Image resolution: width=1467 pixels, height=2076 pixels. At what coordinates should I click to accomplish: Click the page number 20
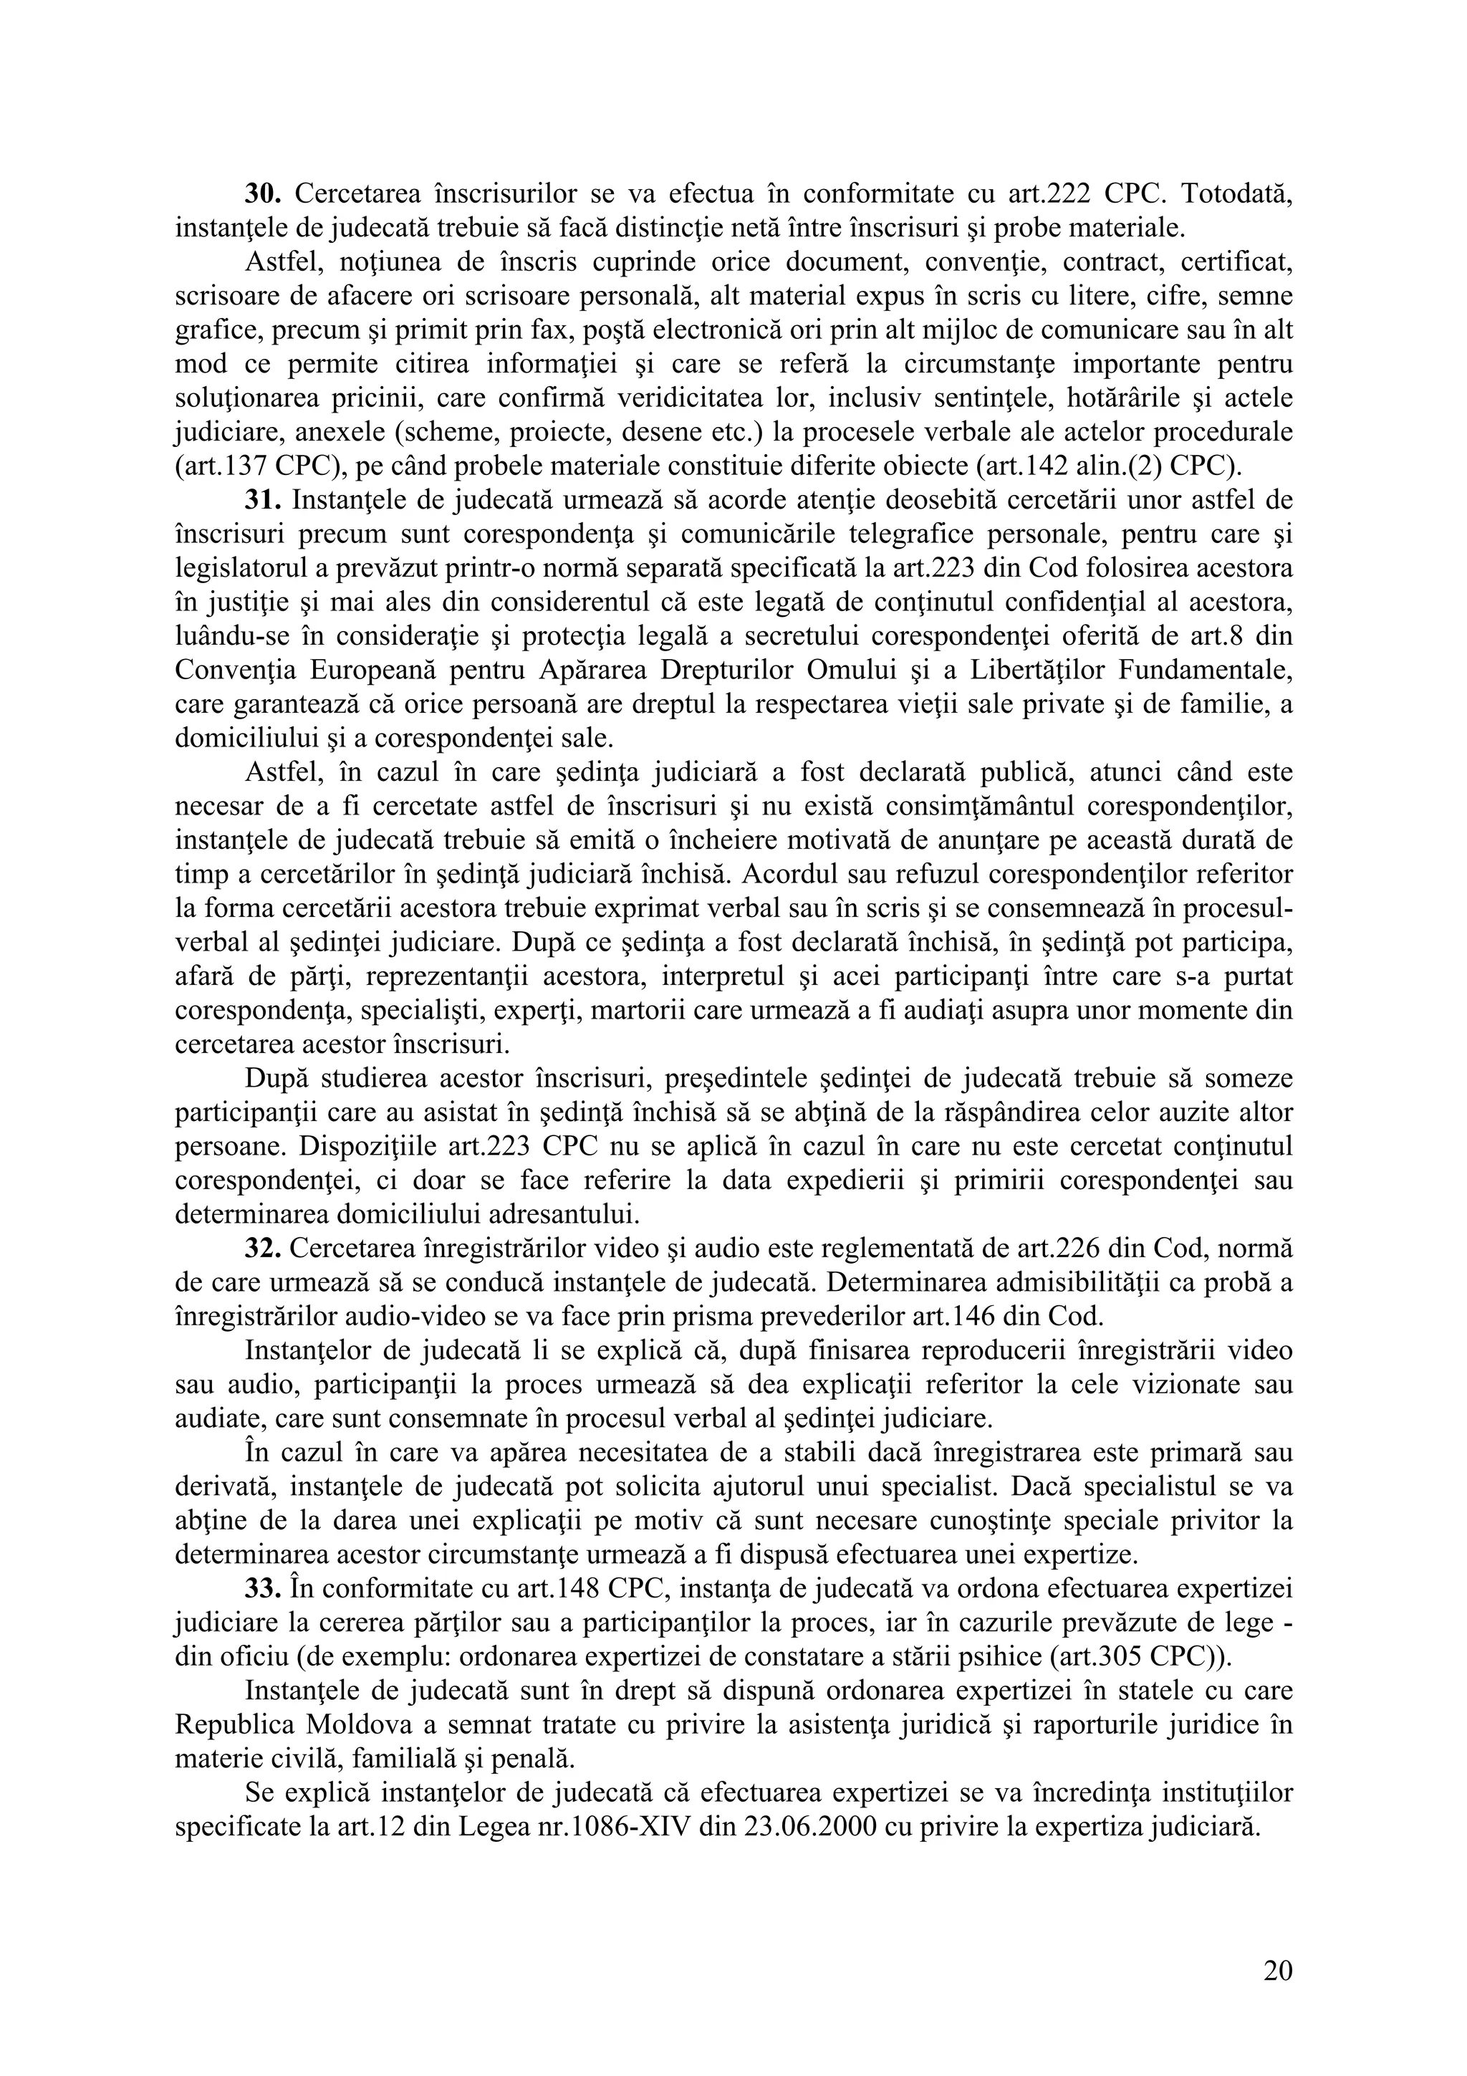[x=1277, y=1972]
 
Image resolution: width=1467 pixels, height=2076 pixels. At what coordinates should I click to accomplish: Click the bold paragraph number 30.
[x=265, y=193]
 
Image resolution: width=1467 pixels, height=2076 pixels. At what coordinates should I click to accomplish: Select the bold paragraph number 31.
[x=265, y=500]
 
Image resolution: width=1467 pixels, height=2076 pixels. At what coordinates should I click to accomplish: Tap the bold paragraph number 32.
[x=265, y=1249]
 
